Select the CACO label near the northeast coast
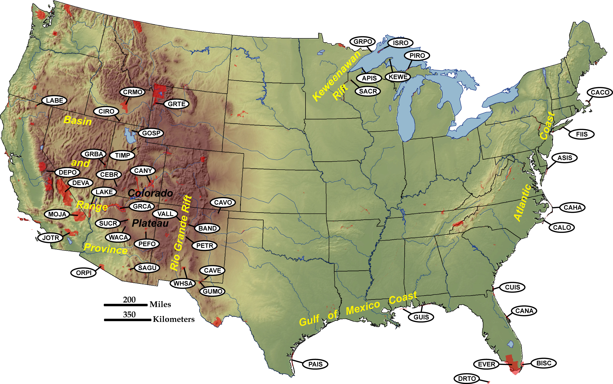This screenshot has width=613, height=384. click(x=600, y=92)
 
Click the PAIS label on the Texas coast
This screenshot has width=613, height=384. click(x=315, y=364)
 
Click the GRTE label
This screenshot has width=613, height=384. click(x=176, y=104)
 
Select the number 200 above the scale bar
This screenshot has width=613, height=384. click(x=129, y=300)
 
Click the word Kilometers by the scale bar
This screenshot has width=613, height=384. click(x=174, y=319)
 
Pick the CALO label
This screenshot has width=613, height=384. click(x=562, y=227)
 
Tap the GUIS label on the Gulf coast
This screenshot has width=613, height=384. click(x=421, y=317)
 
